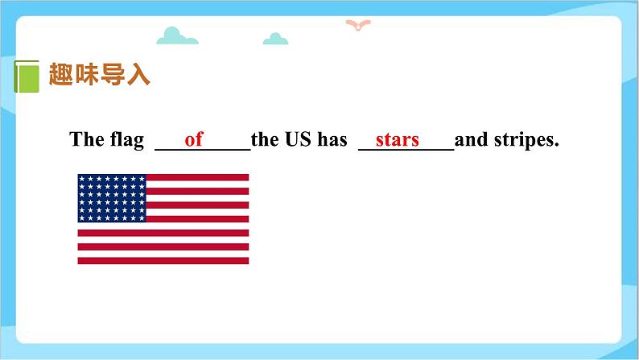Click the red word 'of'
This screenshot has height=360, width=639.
coord(194,140)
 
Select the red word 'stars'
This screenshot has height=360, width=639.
coord(398,140)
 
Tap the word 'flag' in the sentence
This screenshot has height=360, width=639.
coord(126,140)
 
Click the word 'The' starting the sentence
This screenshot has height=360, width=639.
coord(87,140)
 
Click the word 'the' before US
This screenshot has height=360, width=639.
coord(264,140)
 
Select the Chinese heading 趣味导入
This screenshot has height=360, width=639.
coord(100,76)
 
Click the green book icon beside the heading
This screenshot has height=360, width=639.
coord(27,77)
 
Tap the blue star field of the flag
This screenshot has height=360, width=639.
coord(112,198)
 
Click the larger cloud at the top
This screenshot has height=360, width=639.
coord(177,36)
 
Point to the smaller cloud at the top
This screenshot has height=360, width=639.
coord(276,38)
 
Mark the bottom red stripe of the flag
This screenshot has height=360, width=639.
coord(163,260)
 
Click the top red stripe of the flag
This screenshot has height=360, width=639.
coord(197,177)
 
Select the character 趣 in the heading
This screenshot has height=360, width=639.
coord(61,76)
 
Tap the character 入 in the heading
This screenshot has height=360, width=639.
coord(138,76)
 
